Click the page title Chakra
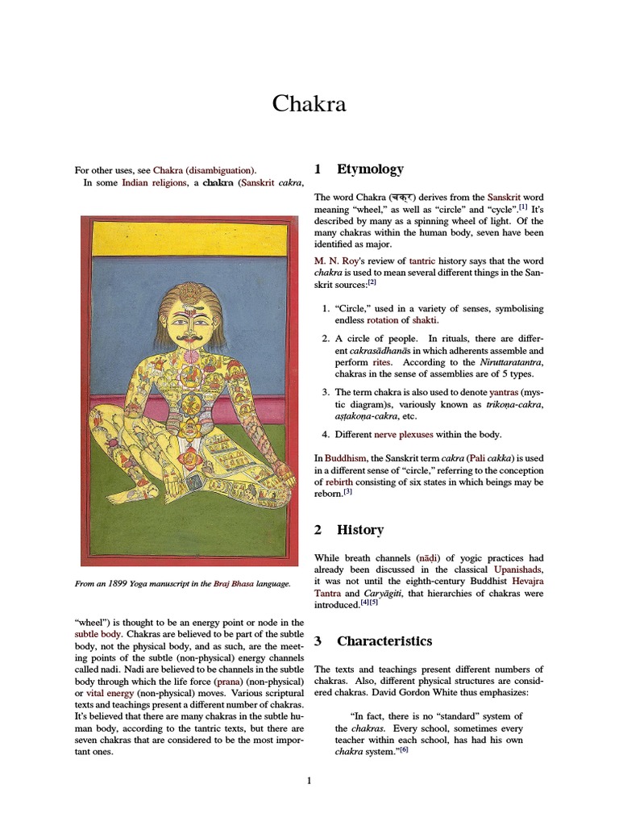(309, 104)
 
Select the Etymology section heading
(370, 169)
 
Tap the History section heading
(360, 530)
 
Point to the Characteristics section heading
(384, 641)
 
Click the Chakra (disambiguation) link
(204, 170)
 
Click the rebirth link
(342, 482)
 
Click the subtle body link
(98, 634)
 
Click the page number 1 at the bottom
(309, 780)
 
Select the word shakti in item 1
(426, 320)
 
